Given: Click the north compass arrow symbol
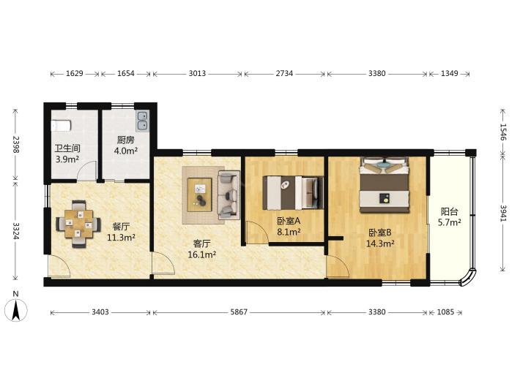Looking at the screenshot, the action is (15, 310).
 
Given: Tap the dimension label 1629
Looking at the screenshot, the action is (74, 74).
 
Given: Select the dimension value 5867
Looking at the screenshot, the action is (239, 312).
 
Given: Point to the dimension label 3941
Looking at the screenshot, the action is (503, 214).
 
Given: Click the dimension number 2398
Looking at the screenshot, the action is (15, 144).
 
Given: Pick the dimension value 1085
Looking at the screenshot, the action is (445, 312).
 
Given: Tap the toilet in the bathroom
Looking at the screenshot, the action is (61, 126).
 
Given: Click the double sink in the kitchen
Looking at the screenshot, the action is (143, 121).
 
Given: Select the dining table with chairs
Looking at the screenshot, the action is (78, 224).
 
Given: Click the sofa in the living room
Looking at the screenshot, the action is (229, 195).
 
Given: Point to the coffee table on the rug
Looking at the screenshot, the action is (200, 194).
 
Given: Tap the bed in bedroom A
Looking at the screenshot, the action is (293, 193).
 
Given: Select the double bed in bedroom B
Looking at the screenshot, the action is (385, 185).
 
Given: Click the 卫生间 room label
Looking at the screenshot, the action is (67, 148).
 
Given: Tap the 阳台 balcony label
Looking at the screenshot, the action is (450, 211).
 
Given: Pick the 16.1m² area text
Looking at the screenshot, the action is (202, 255).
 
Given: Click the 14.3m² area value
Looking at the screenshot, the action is (380, 244).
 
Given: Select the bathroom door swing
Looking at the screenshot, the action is (87, 171).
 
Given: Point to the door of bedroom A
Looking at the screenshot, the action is (257, 233).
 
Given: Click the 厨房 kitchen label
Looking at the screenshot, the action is (126, 140).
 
